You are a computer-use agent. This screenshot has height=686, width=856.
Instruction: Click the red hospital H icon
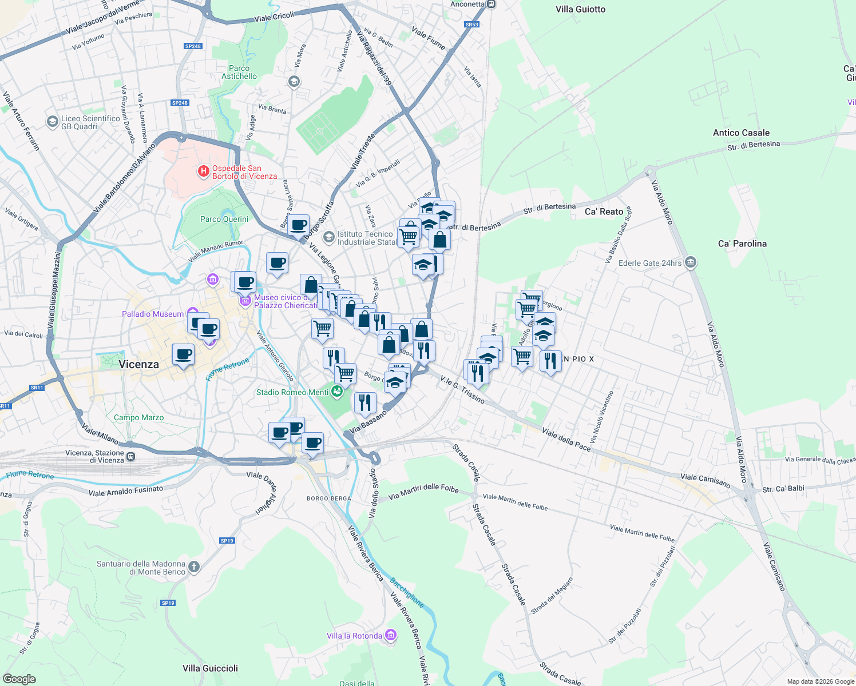click(203, 171)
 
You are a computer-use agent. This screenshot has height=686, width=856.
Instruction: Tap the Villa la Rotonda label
click(354, 636)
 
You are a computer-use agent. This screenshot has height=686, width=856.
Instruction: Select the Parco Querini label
click(224, 219)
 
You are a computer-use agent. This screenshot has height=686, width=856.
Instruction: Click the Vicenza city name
click(138, 364)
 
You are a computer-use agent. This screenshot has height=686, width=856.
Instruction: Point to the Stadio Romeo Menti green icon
click(337, 392)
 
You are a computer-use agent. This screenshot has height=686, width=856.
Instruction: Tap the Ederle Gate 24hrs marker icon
click(690, 262)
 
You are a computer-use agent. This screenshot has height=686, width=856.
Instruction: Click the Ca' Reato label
click(604, 212)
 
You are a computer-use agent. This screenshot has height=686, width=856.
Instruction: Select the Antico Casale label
click(741, 133)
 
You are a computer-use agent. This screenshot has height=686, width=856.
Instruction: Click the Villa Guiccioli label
click(210, 668)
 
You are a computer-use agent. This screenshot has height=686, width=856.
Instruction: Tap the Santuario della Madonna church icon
click(194, 567)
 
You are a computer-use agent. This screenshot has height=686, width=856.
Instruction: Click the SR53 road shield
click(471, 25)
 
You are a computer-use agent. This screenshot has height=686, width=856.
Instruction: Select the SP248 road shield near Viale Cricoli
click(193, 46)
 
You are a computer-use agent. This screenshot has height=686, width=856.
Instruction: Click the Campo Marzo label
click(138, 417)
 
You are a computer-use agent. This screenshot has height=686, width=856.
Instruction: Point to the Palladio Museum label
click(153, 314)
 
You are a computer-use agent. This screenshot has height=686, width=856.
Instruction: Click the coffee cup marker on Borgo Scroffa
click(298, 225)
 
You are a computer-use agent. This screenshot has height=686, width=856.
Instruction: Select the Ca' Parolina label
click(742, 244)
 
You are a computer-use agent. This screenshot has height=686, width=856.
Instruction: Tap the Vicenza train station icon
click(131, 456)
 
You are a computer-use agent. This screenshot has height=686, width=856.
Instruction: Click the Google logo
click(19, 679)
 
